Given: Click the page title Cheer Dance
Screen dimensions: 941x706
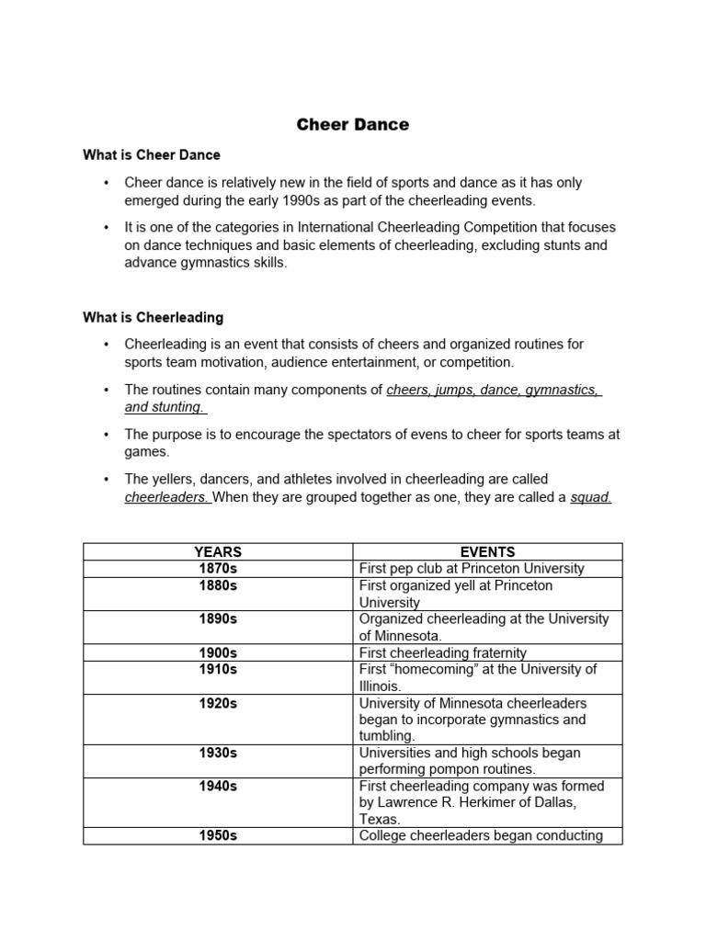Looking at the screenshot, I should [353, 125].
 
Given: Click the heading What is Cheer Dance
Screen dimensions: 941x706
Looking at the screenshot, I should [152, 155].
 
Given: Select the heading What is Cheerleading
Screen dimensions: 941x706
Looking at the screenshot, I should [153, 318].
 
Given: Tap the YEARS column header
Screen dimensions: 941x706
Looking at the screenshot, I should [218, 552].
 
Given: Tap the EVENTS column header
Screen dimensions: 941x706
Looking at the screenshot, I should [487, 552].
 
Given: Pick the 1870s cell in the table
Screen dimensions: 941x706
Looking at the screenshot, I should [218, 569].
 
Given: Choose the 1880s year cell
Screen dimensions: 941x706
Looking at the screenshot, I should [218, 585].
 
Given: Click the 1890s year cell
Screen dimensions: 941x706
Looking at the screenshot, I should [218, 618].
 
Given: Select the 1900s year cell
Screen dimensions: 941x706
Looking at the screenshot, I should [218, 652].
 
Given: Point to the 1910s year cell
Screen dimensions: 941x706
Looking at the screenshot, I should [218, 669].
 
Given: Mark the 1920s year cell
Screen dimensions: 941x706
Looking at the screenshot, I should [218, 703].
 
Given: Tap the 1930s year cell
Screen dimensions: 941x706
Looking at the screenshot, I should [218, 753].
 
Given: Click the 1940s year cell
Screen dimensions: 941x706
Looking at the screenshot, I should [218, 786].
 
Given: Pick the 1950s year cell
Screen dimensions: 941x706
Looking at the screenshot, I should [218, 835].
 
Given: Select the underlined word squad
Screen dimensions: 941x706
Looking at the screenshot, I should [591, 497].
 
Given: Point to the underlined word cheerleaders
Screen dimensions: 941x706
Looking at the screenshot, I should [167, 497].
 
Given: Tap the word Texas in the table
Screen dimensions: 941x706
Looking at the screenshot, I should [380, 819].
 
